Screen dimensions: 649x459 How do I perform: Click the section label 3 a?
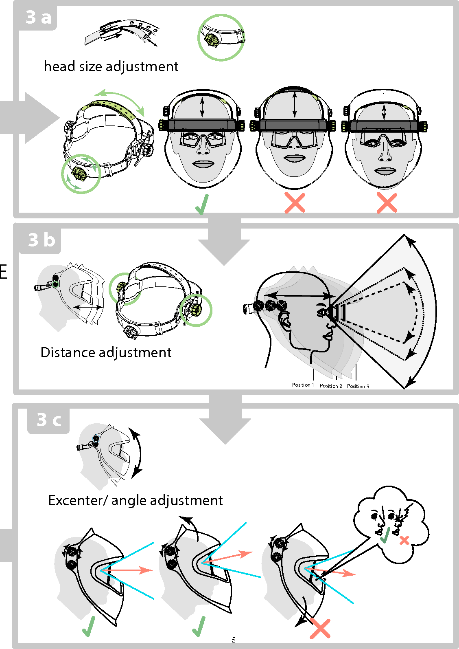[38, 17]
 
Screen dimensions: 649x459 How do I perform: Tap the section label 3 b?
[41, 240]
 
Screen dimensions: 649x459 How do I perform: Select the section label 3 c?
[49, 420]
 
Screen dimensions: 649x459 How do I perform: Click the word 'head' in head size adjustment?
[58, 66]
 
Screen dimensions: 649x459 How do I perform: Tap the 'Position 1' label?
[303, 385]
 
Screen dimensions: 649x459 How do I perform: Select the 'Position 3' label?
[358, 386]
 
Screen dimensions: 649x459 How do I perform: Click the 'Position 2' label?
[331, 386]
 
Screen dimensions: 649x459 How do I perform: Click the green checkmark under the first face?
[202, 204]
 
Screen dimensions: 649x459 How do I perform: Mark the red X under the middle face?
[295, 203]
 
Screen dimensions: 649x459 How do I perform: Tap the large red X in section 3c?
[320, 628]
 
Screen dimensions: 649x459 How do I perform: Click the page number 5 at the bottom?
[234, 640]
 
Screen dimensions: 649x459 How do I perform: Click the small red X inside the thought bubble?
[404, 541]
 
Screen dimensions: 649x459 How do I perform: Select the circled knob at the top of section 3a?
[212, 39]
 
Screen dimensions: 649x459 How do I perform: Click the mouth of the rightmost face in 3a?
[385, 171]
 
